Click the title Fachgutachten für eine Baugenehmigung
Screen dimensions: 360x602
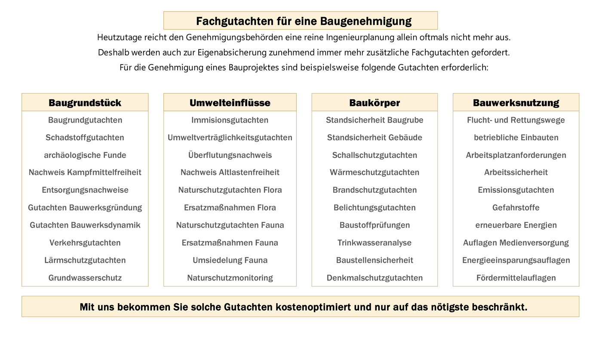[x=304, y=21]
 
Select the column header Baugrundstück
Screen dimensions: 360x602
[x=85, y=103]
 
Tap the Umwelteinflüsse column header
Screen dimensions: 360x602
[x=230, y=103]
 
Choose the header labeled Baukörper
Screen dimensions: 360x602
[x=375, y=103]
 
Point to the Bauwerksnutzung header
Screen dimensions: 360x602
[x=516, y=103]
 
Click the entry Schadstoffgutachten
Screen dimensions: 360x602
[x=85, y=138]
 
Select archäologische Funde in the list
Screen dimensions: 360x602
[x=85, y=155]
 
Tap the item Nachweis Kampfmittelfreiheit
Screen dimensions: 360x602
[x=85, y=172]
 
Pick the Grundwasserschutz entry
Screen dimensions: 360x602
[x=85, y=278]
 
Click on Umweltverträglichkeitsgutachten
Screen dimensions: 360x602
[x=230, y=138]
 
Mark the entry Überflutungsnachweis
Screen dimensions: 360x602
[x=230, y=155]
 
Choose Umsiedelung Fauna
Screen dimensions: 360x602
[x=230, y=260]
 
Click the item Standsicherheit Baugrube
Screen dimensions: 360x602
[x=375, y=120]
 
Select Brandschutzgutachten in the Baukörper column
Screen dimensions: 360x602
[x=375, y=190]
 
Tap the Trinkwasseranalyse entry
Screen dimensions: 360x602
[x=375, y=243]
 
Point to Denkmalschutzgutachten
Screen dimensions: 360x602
[x=375, y=278]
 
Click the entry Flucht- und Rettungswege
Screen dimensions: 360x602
[x=516, y=120]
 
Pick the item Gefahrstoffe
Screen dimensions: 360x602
[x=516, y=208]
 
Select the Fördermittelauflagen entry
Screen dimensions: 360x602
[x=516, y=278]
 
